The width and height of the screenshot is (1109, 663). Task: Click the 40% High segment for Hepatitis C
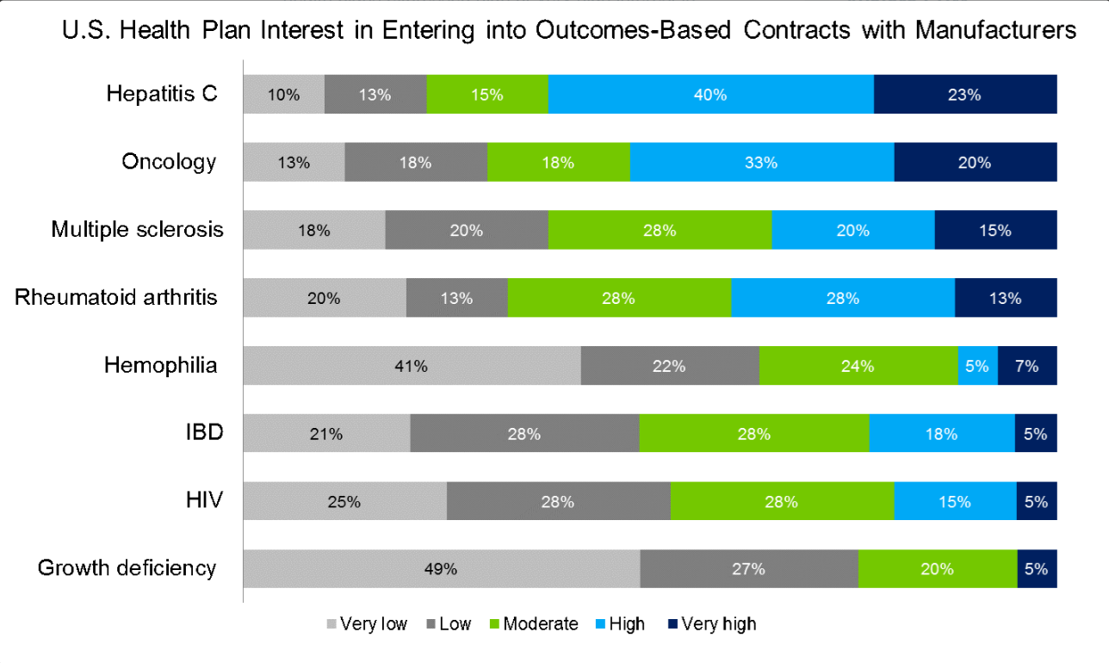pos(710,95)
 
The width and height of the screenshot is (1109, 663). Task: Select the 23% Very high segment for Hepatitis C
pos(964,95)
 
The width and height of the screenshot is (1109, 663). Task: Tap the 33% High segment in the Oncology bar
pos(761,163)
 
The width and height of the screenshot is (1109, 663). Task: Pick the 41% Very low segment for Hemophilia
pos(412,366)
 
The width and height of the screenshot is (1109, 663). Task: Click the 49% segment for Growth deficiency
pos(441,569)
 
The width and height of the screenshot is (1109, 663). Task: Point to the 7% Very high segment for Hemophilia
pos(1027,366)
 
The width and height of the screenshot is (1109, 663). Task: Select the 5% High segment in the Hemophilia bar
pos(977,366)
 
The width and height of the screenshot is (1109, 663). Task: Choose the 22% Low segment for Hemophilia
pos(669,366)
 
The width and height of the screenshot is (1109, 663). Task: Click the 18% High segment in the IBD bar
pos(941,434)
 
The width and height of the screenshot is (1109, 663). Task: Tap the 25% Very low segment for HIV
pos(344,502)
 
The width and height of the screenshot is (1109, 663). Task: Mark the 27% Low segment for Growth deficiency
pos(748,569)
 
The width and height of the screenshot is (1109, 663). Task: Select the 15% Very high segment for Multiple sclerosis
pos(995,231)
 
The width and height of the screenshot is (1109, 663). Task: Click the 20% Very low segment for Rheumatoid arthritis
pos(324,299)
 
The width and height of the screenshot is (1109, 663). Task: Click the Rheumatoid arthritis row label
pos(116,298)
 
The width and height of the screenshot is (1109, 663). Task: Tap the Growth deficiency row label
pos(127,568)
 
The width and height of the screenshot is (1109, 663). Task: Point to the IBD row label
pos(205,432)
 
